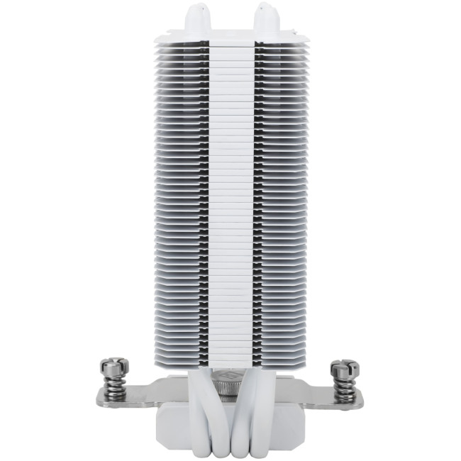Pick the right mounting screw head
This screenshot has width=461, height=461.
coord(344,368)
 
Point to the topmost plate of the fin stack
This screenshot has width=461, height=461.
coord(230,35)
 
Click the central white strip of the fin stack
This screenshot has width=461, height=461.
coord(230,199)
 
